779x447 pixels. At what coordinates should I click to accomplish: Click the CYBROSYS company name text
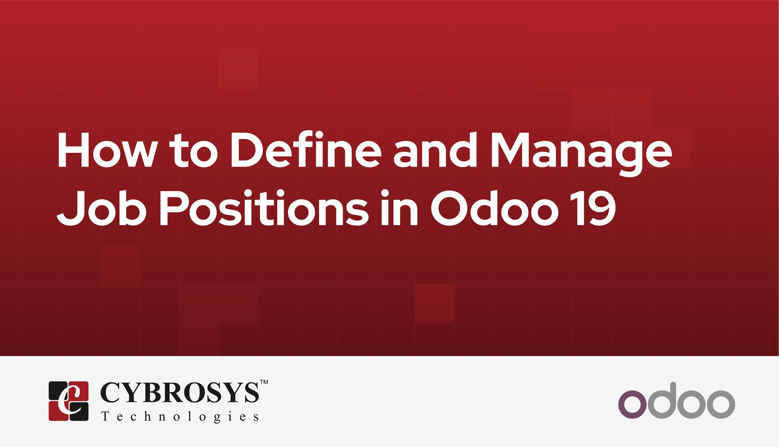[179, 392]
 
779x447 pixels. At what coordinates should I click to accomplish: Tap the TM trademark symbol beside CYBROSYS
[264, 382]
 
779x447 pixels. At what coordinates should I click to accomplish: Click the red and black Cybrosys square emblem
[69, 401]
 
